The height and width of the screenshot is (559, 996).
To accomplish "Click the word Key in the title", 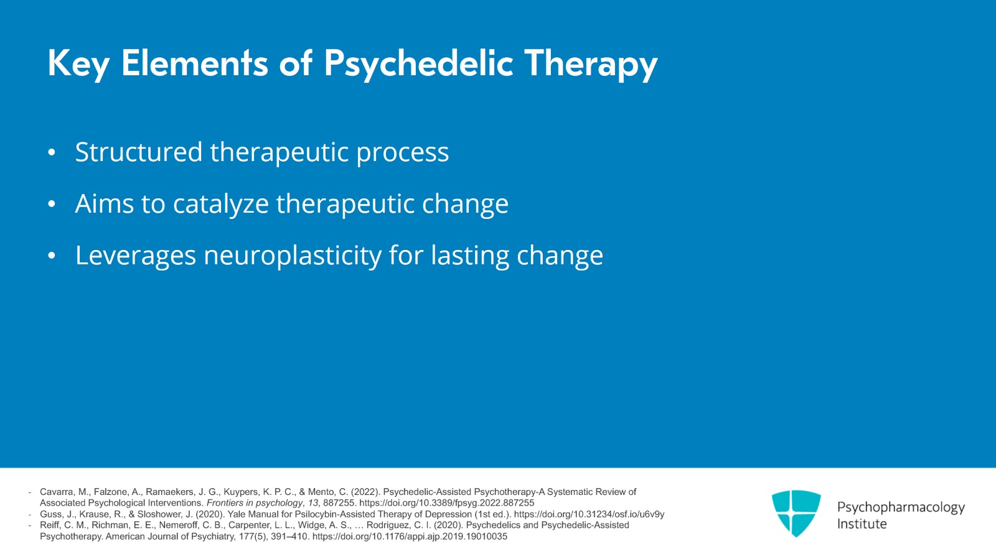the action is pos(78,64).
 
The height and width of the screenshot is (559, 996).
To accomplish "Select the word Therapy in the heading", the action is pos(591,64).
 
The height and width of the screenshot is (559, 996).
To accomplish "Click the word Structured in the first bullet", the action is pos(139,152).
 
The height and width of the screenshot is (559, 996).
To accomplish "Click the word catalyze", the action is pos(221,204).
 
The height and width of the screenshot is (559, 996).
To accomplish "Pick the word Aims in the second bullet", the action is pos(105,203).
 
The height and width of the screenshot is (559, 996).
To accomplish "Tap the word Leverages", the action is pos(136,256).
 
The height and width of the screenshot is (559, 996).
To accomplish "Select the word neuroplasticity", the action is pos(293,256).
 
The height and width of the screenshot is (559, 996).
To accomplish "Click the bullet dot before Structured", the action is pos(52,153).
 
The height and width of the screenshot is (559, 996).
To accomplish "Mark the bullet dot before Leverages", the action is pos(52,256).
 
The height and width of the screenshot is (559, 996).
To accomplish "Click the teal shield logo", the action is pos(796,513).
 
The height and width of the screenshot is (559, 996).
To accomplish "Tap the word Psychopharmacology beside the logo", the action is pos(901,507).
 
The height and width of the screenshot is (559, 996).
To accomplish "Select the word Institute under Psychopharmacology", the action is pos(862,524).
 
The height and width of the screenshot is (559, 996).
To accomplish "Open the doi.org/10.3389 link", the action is pos(446,503).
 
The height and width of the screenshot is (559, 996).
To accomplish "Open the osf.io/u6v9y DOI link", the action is pos(589,514).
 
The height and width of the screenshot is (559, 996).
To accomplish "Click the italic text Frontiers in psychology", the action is pos(255,503).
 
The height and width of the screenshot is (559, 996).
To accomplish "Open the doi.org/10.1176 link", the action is pos(410,537).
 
